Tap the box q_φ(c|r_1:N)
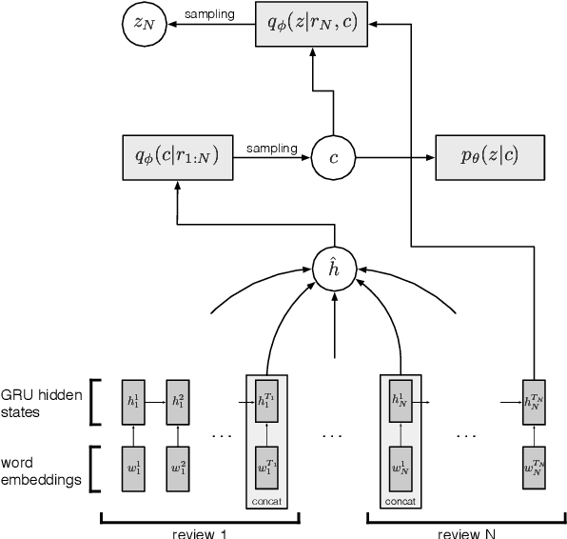(x=178, y=156)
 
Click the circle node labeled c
(x=333, y=156)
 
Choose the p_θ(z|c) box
(x=489, y=156)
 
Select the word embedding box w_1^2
(x=177, y=469)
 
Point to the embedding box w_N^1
(x=400, y=469)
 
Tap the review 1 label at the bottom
(x=201, y=532)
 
